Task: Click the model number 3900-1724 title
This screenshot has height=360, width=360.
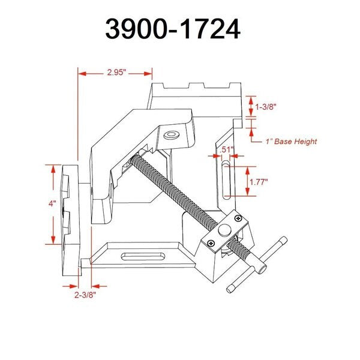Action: tap(173, 29)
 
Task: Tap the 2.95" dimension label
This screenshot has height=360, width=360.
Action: tap(116, 73)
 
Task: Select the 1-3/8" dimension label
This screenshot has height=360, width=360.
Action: tap(266, 107)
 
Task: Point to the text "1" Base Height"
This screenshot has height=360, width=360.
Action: tap(291, 141)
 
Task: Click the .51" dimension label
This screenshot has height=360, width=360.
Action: tap(226, 149)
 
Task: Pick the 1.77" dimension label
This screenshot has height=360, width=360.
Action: tap(259, 182)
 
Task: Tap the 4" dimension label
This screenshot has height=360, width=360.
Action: tap(52, 203)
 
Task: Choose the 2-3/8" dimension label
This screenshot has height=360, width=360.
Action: tap(85, 295)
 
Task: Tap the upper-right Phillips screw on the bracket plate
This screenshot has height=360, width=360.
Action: tap(239, 218)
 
